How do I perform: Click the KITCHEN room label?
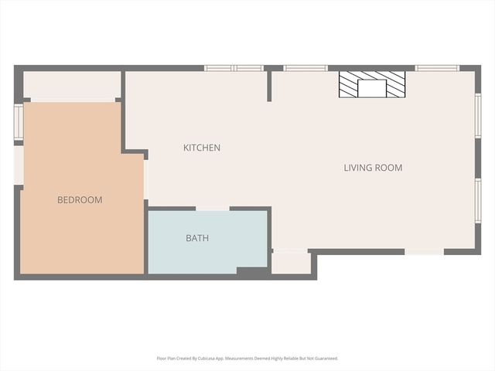[x=202, y=148]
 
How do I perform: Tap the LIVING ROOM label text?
[x=373, y=168]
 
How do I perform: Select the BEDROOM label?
[x=80, y=199]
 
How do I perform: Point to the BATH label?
[x=197, y=238]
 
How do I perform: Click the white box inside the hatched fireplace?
[x=372, y=88]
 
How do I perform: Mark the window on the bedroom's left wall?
[x=19, y=122]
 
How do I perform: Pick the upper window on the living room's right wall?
[x=478, y=115]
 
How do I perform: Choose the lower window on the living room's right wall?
[x=478, y=201]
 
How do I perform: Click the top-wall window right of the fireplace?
[x=437, y=68]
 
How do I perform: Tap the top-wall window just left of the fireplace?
[x=306, y=68]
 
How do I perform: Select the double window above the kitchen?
[x=234, y=68]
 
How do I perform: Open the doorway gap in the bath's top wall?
[x=213, y=209]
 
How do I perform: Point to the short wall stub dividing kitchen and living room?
[x=269, y=86]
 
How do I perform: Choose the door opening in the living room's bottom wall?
[x=425, y=251]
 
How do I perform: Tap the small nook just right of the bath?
[x=291, y=263]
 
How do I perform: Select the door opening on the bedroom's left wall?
[x=19, y=165]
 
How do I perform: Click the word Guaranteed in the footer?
[x=329, y=359]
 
